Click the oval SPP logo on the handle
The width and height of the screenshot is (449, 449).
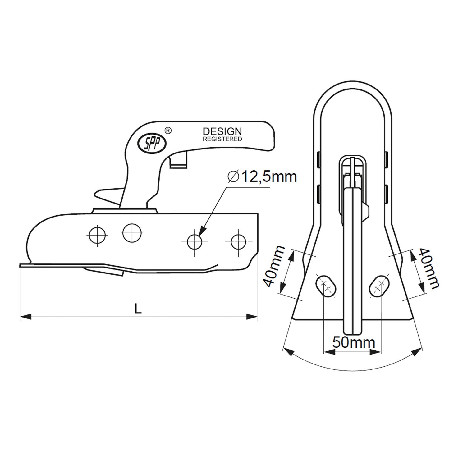coord(152,142)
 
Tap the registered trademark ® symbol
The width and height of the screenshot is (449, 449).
coord(167,131)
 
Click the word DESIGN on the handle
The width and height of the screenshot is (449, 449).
coord(222,131)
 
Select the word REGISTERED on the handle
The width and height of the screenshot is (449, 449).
coord(222,139)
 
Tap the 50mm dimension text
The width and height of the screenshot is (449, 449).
coord(354,343)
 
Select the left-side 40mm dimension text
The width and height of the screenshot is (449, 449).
coord(271,267)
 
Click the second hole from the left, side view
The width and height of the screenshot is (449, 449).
coord(132,232)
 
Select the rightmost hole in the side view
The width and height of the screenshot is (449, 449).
coord(238,241)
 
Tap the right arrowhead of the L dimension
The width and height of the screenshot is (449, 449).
coord(252,317)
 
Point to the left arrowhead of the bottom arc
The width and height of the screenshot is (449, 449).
coord(289,352)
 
